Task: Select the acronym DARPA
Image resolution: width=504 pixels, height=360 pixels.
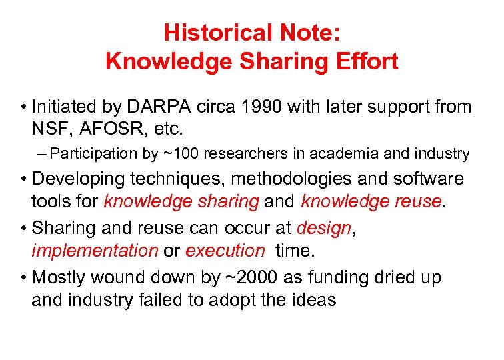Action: pyautogui.click(x=159, y=107)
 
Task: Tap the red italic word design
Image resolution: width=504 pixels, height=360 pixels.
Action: pyautogui.click(x=323, y=228)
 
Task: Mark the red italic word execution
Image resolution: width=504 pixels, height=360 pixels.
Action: pyautogui.click(x=225, y=251)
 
